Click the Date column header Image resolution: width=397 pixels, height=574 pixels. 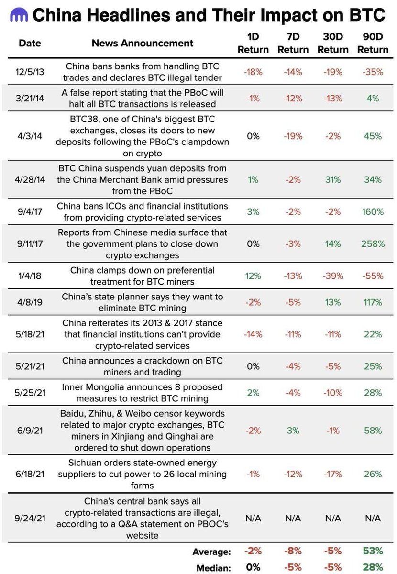(x=29, y=43)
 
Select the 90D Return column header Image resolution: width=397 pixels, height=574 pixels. (x=373, y=43)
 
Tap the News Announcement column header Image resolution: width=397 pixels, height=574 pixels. (x=143, y=43)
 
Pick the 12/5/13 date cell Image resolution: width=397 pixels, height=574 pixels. (x=29, y=71)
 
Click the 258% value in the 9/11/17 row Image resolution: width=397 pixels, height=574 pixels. (x=373, y=243)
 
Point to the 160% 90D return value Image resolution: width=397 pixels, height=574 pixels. (x=373, y=212)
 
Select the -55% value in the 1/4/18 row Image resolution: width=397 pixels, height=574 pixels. (x=373, y=276)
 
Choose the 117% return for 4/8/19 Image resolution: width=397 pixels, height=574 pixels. (x=373, y=303)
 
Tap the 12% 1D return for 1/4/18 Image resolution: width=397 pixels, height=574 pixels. (x=253, y=276)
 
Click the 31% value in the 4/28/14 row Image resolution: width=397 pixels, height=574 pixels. (x=333, y=180)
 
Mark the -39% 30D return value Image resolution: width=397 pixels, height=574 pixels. (x=333, y=276)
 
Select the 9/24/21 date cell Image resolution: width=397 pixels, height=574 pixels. (x=29, y=519)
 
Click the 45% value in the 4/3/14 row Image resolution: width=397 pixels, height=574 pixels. (x=373, y=136)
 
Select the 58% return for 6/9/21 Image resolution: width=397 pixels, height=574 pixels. (x=373, y=430)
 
